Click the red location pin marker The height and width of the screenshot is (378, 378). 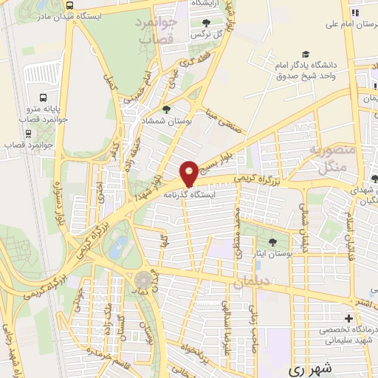coord(189,173)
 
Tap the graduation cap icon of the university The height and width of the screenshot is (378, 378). coord(305,55)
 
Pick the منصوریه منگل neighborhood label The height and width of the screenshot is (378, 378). coord(337,160)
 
